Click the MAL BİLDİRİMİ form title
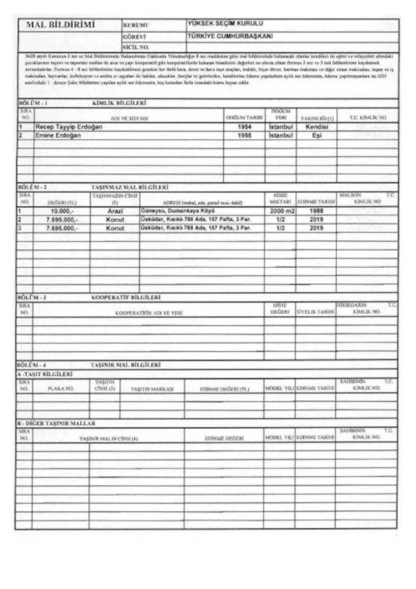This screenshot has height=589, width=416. [57, 25]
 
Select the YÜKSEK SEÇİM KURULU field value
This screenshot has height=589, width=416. [225, 23]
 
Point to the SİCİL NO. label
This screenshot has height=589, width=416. [136, 47]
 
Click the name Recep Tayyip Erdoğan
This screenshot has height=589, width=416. [69, 127]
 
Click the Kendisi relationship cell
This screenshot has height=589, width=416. [316, 127]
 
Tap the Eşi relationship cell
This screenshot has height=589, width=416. [316, 135]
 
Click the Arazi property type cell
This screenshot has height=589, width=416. [115, 211]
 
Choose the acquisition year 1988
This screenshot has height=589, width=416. [316, 211]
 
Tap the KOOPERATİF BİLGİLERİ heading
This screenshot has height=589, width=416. [126, 298]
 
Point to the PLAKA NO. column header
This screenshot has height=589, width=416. [61, 389]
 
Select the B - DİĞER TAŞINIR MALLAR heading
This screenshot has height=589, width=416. [56, 423]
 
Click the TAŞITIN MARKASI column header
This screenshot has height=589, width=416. [152, 389]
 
